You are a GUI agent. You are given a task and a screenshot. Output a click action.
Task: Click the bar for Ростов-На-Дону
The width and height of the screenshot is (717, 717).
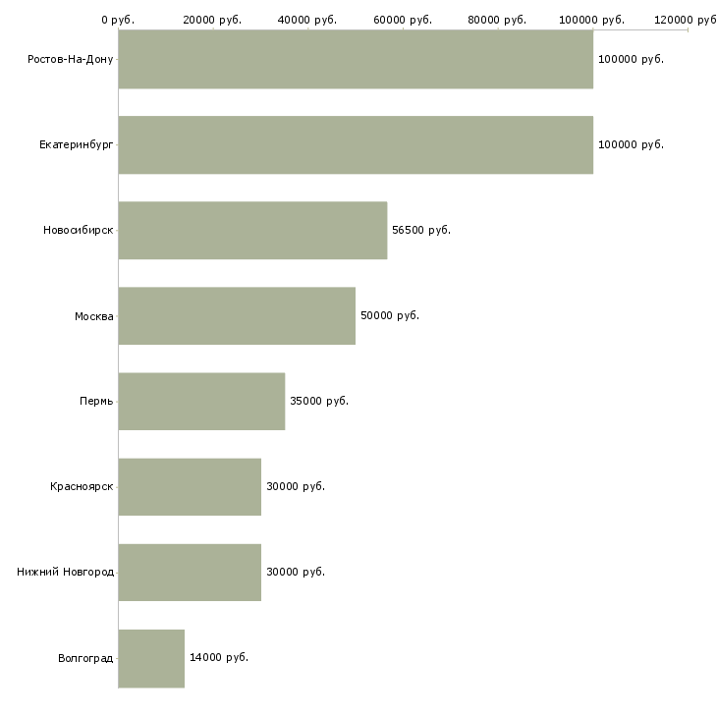point(356,60)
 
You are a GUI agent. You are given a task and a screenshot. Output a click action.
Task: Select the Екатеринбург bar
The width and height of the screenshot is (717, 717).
point(356,145)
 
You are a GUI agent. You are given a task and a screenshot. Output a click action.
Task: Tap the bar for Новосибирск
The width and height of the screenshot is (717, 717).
point(252,231)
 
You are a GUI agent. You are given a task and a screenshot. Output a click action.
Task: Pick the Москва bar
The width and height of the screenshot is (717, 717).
point(237,316)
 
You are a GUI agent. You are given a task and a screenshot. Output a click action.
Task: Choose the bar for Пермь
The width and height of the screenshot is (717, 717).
point(201,402)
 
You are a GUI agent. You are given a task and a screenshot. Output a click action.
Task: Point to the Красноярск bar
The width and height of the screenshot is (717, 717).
point(190,487)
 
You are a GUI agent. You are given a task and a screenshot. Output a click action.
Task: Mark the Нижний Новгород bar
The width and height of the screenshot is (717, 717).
point(190,573)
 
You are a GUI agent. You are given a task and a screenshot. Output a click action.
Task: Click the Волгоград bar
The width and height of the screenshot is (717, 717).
point(151,658)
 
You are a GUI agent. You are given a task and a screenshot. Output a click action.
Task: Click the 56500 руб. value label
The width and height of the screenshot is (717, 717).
point(421,230)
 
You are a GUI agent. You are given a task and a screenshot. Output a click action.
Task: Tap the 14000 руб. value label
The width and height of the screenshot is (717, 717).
point(219,657)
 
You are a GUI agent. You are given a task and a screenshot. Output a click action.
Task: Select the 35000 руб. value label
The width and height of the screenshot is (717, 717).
point(319,401)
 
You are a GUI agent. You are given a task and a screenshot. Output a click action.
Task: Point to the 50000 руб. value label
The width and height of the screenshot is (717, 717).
point(390,315)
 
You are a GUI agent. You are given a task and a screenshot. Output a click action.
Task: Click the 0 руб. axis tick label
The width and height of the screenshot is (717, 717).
point(118,20)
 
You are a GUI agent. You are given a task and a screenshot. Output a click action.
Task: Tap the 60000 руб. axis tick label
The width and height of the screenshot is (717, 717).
point(403,20)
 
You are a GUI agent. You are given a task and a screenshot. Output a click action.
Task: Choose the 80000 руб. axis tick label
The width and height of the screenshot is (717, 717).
point(497,20)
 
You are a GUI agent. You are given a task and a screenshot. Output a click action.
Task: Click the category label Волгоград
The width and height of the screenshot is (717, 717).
point(85,658)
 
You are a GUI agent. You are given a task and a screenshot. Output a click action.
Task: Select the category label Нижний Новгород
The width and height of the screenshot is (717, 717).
point(66,572)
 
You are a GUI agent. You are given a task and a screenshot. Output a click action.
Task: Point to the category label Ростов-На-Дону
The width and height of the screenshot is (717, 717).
point(71,60)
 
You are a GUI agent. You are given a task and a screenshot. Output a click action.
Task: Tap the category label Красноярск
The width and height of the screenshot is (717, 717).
point(82,486)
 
